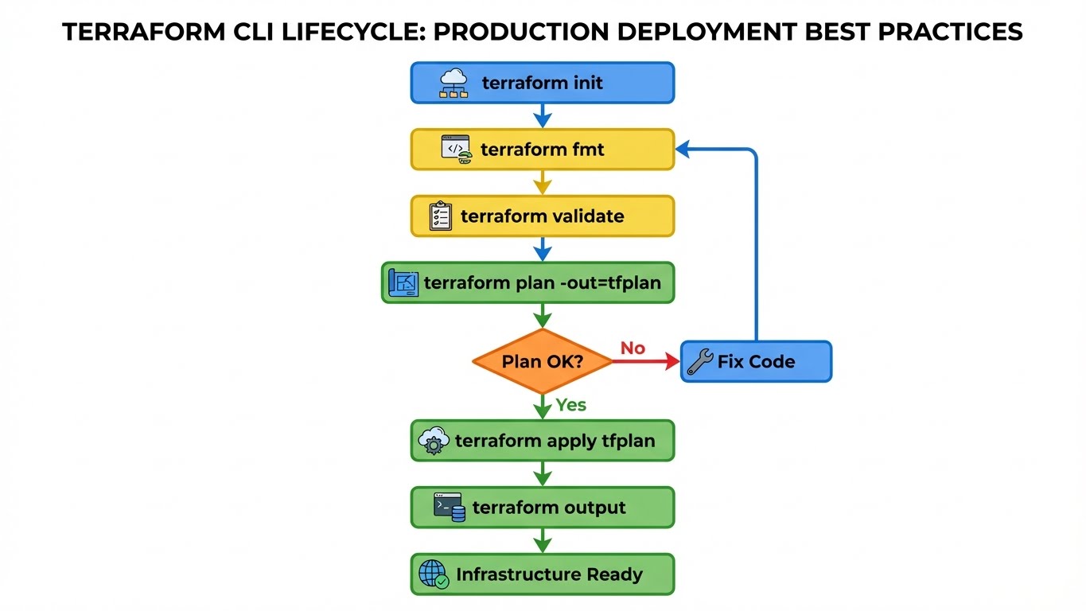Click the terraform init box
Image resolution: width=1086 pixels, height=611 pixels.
point(542,83)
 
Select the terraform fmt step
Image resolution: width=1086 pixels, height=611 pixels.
point(542,150)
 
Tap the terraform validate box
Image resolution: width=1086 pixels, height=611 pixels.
point(542,216)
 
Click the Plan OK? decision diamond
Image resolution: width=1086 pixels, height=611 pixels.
point(542,361)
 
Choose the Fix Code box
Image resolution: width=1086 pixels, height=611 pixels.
point(756,362)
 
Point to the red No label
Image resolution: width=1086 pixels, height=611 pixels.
point(633,348)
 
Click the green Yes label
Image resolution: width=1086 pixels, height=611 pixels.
point(571,405)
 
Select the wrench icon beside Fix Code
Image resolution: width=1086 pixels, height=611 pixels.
point(699,362)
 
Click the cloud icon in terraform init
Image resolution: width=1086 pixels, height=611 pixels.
point(454,83)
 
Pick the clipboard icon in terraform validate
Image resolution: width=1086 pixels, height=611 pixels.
point(440,216)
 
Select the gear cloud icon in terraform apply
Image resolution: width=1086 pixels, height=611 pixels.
point(433,441)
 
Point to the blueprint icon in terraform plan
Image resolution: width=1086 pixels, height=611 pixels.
point(403,283)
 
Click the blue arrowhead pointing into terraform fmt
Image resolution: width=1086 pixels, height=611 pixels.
point(683,150)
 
